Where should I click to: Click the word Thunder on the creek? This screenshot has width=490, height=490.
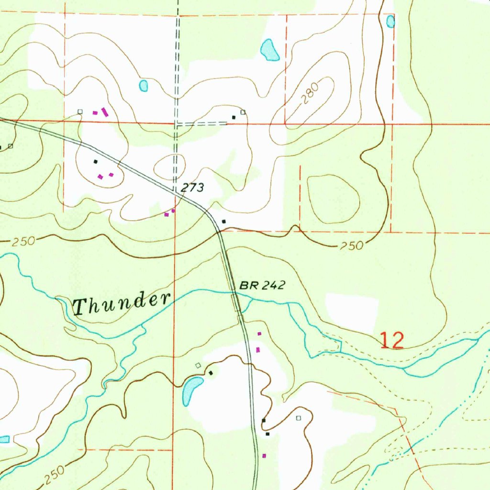[x=122, y=303]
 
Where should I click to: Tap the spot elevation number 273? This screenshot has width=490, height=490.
[x=192, y=188]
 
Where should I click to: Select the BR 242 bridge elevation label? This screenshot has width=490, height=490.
[x=262, y=286]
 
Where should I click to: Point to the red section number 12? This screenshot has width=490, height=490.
[x=392, y=341]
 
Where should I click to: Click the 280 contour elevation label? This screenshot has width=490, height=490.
[x=310, y=96]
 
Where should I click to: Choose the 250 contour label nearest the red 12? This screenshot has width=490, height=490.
[x=352, y=246]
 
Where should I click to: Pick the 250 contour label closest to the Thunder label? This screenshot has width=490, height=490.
[x=23, y=241]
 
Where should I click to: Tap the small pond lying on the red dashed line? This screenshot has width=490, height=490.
[x=390, y=21]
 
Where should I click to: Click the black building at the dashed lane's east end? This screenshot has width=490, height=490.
[x=234, y=117]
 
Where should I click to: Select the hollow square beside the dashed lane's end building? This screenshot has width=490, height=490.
[x=243, y=112]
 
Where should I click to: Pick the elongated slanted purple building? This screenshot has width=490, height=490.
[x=105, y=112]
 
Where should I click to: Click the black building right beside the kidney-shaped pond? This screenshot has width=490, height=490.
[x=211, y=373]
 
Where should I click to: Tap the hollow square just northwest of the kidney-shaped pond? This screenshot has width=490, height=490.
[x=198, y=365]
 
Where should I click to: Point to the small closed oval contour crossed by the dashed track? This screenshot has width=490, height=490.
[x=168, y=166]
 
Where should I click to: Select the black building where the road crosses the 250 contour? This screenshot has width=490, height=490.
[x=223, y=222]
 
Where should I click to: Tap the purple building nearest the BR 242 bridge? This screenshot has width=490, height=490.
[x=259, y=334]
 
